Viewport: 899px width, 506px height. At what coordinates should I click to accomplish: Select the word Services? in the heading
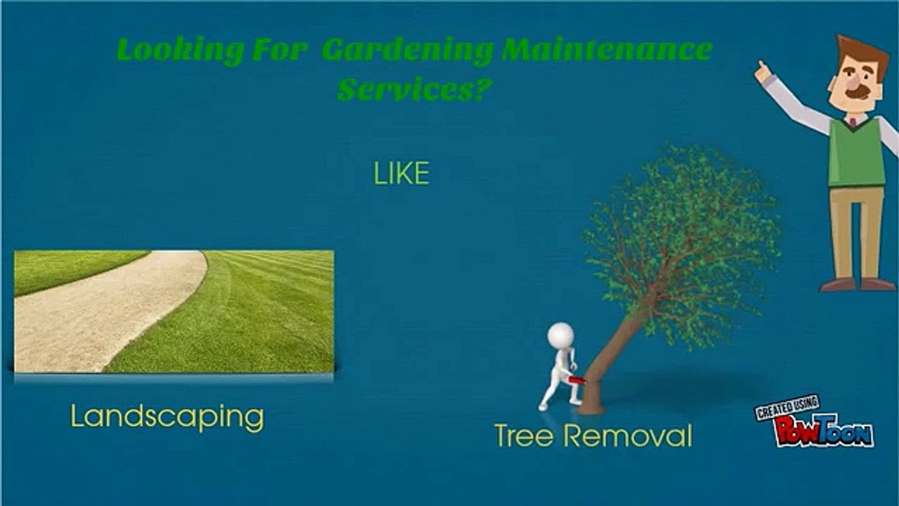point(412,90)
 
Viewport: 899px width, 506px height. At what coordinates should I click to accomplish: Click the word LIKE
point(401,174)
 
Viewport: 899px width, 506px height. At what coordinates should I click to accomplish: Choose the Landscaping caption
point(167,417)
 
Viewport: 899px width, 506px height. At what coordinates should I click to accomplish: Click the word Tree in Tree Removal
point(526,436)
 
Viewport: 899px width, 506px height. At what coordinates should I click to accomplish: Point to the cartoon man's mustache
point(858,93)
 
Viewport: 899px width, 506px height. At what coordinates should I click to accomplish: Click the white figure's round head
point(560,335)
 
